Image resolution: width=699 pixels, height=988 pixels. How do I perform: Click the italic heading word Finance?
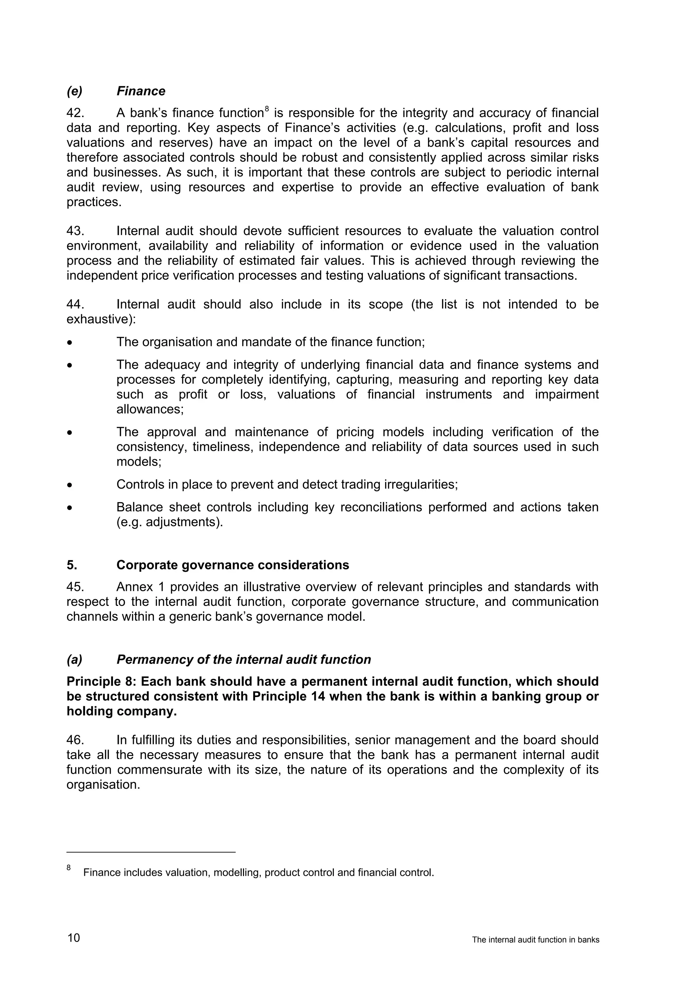[x=141, y=91]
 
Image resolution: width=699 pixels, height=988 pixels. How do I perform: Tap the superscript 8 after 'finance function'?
[x=267, y=109]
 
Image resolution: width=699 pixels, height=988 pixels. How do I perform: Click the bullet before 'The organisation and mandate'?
[x=69, y=343]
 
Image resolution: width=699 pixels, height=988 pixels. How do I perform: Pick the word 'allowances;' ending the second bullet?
[x=150, y=409]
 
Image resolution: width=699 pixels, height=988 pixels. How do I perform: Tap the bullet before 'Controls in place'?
[x=69, y=485]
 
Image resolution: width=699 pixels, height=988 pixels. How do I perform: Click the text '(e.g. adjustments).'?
[x=170, y=522]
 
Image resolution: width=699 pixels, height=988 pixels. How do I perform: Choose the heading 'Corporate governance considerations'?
[x=232, y=565]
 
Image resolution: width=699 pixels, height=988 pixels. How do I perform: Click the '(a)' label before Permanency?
[x=74, y=660]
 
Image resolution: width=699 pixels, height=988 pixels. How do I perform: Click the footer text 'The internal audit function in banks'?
[x=536, y=940]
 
